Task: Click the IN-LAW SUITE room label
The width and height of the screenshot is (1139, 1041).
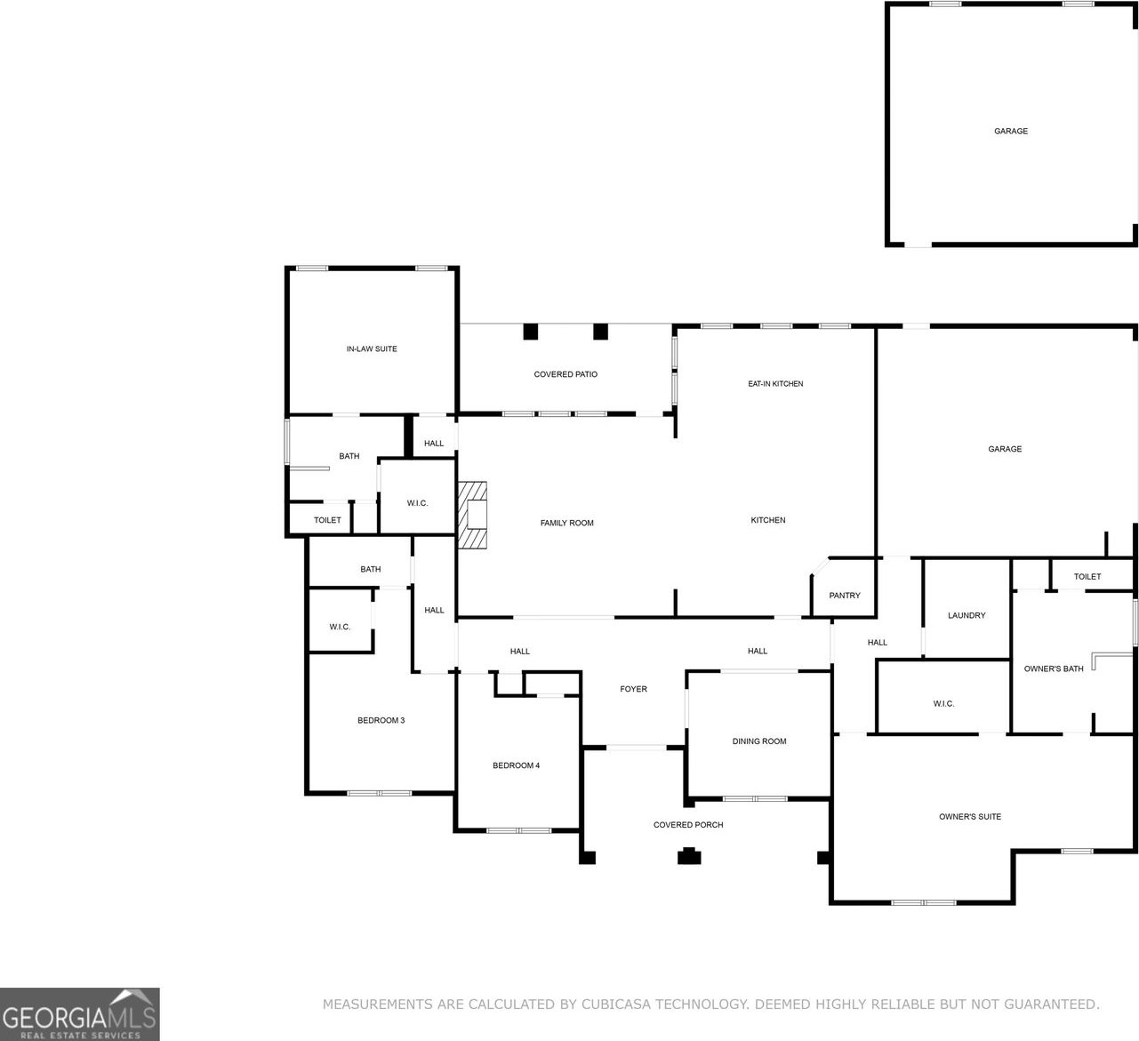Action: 372,348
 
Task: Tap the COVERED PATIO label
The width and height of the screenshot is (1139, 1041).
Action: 565,374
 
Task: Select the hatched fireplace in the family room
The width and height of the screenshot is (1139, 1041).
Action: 472,515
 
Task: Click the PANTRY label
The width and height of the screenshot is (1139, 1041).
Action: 845,596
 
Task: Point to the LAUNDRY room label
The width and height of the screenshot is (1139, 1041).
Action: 967,615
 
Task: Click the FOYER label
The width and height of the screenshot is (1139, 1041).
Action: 633,689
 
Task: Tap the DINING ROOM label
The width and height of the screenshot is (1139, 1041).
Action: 759,741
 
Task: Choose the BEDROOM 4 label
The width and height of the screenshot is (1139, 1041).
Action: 516,765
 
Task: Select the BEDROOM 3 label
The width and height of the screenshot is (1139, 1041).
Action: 381,720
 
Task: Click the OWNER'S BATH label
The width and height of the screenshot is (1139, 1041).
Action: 1054,669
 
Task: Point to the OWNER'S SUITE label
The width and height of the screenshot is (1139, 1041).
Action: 970,817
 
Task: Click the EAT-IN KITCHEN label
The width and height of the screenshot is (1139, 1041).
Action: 775,384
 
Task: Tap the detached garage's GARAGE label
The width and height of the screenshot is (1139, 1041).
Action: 1011,132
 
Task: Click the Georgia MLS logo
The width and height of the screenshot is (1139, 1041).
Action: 79,1014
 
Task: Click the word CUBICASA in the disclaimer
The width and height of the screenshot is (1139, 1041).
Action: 616,1004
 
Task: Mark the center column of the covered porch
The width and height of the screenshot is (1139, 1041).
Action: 689,856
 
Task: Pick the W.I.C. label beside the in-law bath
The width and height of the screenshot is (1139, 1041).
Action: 417,503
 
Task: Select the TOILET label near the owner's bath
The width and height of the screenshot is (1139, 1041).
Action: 1087,576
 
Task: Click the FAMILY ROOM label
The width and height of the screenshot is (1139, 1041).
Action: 566,523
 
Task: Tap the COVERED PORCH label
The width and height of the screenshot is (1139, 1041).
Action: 688,825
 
